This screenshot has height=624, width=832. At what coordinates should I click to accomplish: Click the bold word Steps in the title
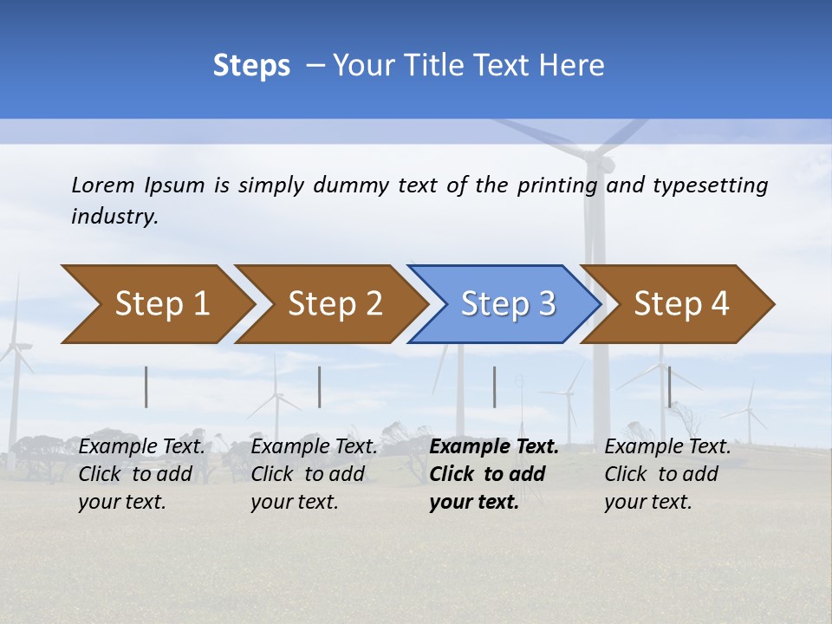(251, 66)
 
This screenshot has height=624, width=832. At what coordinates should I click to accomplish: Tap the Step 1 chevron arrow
(156, 304)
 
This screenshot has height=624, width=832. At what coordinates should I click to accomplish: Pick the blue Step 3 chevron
(507, 304)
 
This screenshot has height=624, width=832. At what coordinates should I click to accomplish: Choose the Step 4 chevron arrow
(681, 304)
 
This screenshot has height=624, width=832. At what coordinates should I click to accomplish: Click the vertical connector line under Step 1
(146, 387)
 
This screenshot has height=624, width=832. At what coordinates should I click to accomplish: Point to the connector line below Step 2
(320, 387)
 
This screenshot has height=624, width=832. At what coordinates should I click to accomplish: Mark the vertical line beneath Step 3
(494, 387)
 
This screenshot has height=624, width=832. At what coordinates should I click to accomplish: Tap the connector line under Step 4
(669, 387)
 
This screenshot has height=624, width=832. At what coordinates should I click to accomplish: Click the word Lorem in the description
(103, 185)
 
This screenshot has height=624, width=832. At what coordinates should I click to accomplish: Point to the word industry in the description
(114, 217)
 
